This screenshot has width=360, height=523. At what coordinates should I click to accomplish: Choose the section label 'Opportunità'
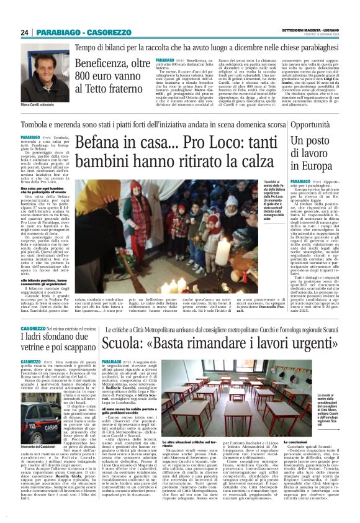[x=308, y=125]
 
